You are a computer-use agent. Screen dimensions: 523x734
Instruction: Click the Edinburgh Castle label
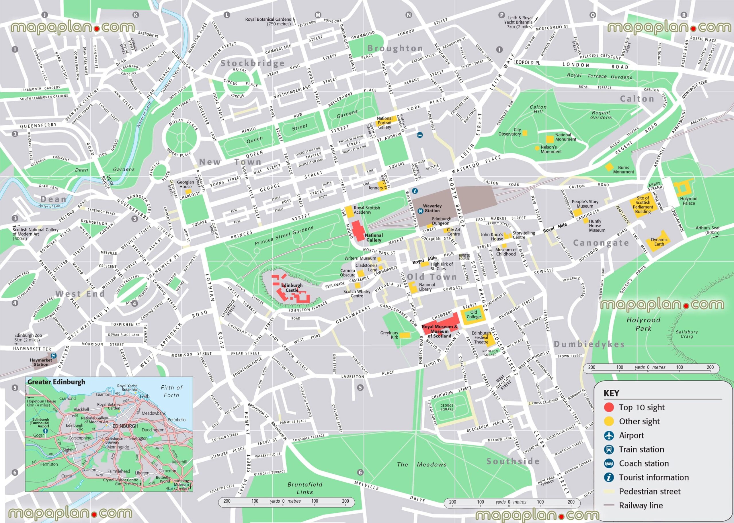[x=292, y=288]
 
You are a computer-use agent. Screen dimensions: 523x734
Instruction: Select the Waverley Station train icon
[x=420, y=211]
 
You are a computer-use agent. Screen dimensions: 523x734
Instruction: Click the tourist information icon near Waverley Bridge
[x=415, y=191]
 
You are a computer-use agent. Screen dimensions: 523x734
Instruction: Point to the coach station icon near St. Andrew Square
[x=420, y=135]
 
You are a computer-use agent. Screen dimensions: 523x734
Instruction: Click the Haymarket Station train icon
[x=53, y=356]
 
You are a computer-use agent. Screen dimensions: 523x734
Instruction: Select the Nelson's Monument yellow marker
[x=537, y=148]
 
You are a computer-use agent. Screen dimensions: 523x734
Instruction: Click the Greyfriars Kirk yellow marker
[x=405, y=335]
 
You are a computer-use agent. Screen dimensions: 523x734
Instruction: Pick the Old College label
[x=474, y=314]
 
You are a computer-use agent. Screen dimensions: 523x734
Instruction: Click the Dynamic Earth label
[x=659, y=241]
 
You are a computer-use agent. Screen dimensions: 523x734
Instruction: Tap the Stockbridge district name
[x=252, y=63]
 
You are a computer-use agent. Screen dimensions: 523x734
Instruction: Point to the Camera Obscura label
[x=348, y=273]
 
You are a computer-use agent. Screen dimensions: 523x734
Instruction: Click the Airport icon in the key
[x=609, y=436]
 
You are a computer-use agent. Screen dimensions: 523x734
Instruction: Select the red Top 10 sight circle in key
[x=609, y=407]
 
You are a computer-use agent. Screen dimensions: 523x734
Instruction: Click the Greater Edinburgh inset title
[x=56, y=382]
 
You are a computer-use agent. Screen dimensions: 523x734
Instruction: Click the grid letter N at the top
[x=409, y=15]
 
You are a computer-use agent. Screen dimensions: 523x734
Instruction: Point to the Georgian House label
[x=186, y=184]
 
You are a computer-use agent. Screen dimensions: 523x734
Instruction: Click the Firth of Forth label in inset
[x=171, y=391]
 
